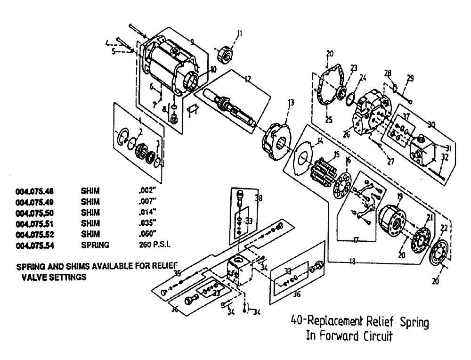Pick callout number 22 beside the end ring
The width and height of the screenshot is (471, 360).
(x=443, y=228)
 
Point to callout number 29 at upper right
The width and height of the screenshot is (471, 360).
(x=410, y=78)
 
